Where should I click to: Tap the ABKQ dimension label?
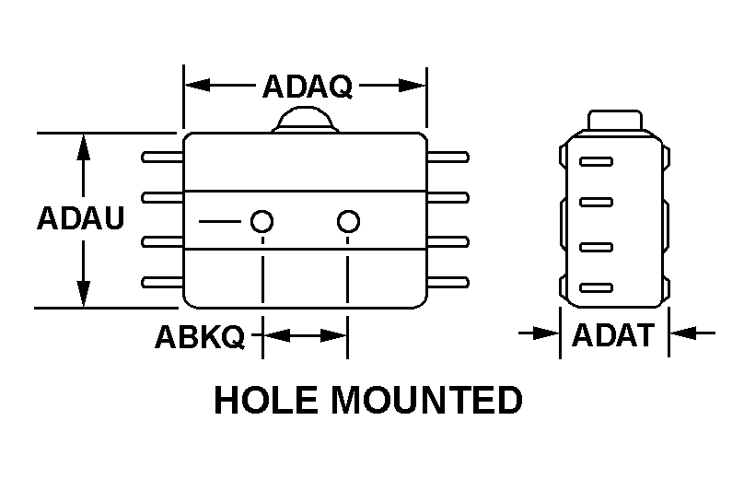(199, 337)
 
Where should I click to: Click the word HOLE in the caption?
(267, 401)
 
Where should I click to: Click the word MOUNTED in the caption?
(425, 401)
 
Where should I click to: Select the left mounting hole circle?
(262, 221)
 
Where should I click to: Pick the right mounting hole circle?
(347, 221)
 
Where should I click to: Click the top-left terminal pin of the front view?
(162, 158)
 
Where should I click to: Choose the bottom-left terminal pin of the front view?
(162, 281)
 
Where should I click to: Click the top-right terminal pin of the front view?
(449, 158)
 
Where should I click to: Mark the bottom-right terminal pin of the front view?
(449, 281)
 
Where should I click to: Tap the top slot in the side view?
(596, 162)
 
